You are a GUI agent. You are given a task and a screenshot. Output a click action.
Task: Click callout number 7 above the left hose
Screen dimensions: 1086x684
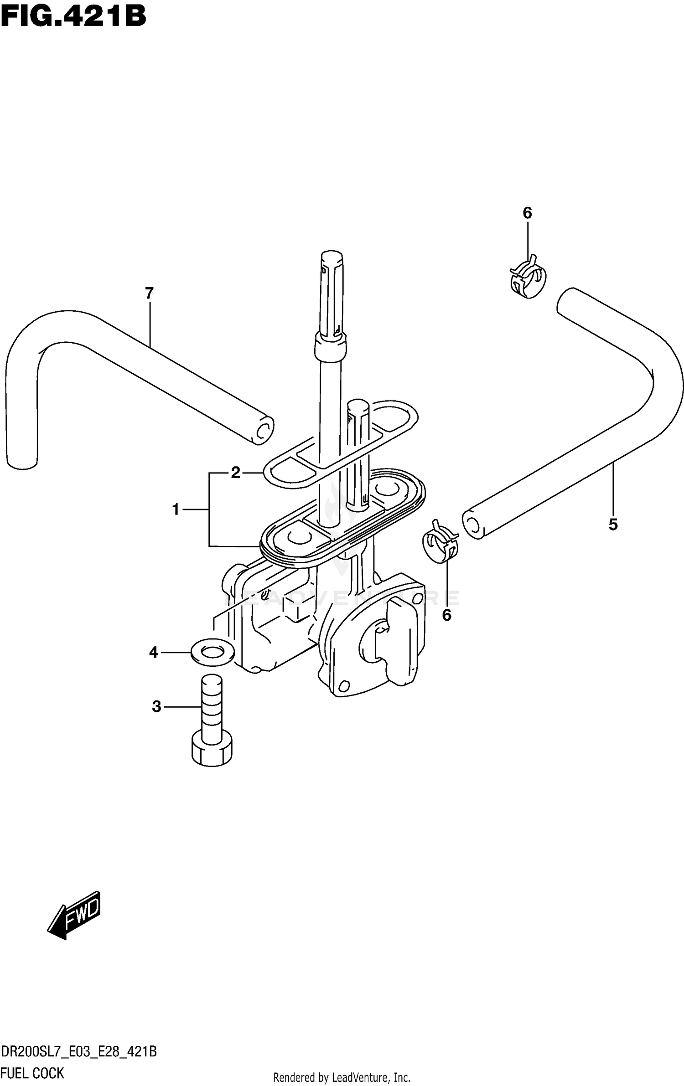tap(149, 293)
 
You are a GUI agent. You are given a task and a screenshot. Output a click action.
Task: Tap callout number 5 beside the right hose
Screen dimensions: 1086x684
tap(613, 525)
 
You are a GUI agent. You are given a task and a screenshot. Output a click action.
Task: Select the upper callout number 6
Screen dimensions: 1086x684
tap(527, 213)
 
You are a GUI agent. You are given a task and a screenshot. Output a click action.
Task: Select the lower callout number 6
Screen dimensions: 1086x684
tap(446, 615)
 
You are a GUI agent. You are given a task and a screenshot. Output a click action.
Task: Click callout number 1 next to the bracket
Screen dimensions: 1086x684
tap(176, 509)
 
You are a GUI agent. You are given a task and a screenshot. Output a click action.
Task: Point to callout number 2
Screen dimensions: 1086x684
tap(235, 473)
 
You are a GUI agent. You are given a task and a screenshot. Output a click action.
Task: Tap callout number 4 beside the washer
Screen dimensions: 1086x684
tap(153, 653)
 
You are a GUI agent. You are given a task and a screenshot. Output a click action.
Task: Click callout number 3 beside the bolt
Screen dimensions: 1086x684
tap(156, 707)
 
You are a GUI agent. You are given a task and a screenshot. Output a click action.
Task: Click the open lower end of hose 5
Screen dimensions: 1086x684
tap(473, 525)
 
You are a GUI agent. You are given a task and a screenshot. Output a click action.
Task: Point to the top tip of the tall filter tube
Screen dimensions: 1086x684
tap(332, 254)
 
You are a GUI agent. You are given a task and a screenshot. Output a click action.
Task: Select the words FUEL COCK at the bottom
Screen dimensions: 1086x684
tap(33, 1073)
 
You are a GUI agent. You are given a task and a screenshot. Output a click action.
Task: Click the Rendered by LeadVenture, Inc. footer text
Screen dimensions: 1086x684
tap(342, 1078)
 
